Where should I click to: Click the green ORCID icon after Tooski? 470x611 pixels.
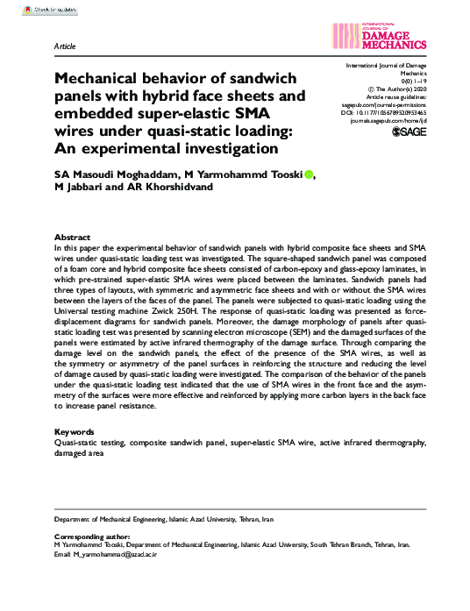coord(309,174)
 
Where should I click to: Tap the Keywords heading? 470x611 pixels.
coord(74,432)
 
